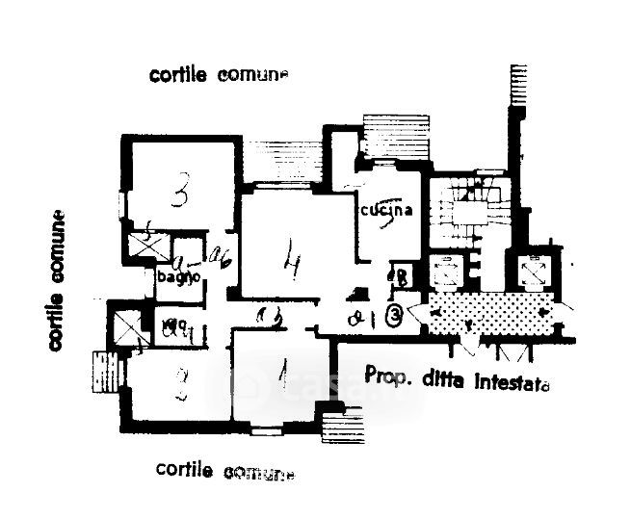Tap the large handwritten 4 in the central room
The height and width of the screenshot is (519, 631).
[x=287, y=258]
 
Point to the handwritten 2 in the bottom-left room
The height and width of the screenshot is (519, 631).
[x=177, y=386]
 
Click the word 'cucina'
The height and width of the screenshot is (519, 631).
[x=388, y=212]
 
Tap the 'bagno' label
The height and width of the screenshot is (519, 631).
[x=180, y=276]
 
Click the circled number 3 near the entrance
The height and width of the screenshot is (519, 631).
[x=394, y=314]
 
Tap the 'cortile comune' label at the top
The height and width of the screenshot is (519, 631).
[x=219, y=74]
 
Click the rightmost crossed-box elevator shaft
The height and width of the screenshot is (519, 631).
[x=532, y=272]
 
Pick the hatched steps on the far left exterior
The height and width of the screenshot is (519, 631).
[x=104, y=373]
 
